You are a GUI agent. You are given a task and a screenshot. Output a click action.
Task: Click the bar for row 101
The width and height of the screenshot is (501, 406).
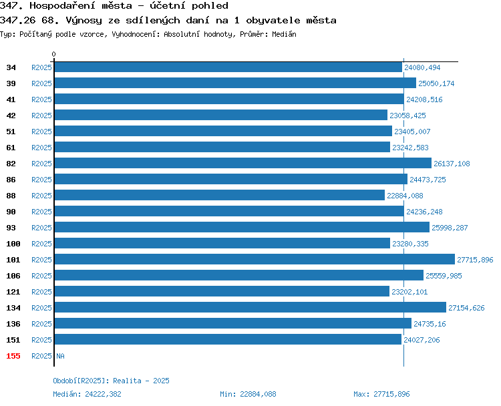tap(255, 259)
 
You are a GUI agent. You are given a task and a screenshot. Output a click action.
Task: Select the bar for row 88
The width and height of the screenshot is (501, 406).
tap(220, 195)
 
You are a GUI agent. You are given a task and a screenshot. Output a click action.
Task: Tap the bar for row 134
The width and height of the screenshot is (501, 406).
tap(251, 307)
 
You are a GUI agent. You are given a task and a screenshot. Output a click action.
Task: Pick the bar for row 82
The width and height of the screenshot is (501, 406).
tap(243, 163)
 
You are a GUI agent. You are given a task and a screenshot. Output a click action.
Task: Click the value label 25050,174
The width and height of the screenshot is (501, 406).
tap(436, 83)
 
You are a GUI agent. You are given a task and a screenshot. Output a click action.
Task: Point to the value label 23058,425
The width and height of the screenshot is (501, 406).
tap(407, 116)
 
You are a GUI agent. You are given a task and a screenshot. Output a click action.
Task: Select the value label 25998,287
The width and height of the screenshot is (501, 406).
tap(450, 228)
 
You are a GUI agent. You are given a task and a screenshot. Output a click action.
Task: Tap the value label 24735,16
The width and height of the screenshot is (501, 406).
tap(430, 324)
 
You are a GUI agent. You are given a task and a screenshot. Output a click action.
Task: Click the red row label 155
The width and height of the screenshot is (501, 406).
tap(13, 356)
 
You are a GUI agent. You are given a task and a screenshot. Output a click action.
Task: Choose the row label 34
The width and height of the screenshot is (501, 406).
tap(11, 67)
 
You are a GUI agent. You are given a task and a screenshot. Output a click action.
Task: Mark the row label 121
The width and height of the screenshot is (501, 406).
tap(13, 292)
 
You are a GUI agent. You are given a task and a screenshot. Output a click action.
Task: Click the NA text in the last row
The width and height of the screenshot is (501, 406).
tap(60, 356)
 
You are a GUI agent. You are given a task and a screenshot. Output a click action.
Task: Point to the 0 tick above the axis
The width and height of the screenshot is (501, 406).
tap(53, 54)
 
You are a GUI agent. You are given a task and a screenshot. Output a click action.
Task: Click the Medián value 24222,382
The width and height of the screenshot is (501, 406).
tap(103, 394)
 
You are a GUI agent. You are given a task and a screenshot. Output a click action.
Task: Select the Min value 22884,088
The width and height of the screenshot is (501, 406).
tap(258, 394)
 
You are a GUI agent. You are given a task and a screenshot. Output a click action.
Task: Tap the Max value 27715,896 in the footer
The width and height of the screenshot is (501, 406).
tap(391, 394)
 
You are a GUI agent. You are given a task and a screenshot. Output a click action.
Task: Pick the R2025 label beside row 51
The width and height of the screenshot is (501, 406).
tap(41, 132)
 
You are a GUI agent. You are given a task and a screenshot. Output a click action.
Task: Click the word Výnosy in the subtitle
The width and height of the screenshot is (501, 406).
tap(83, 21)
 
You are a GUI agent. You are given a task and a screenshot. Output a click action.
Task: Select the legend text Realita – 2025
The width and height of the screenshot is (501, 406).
tap(141, 381)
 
